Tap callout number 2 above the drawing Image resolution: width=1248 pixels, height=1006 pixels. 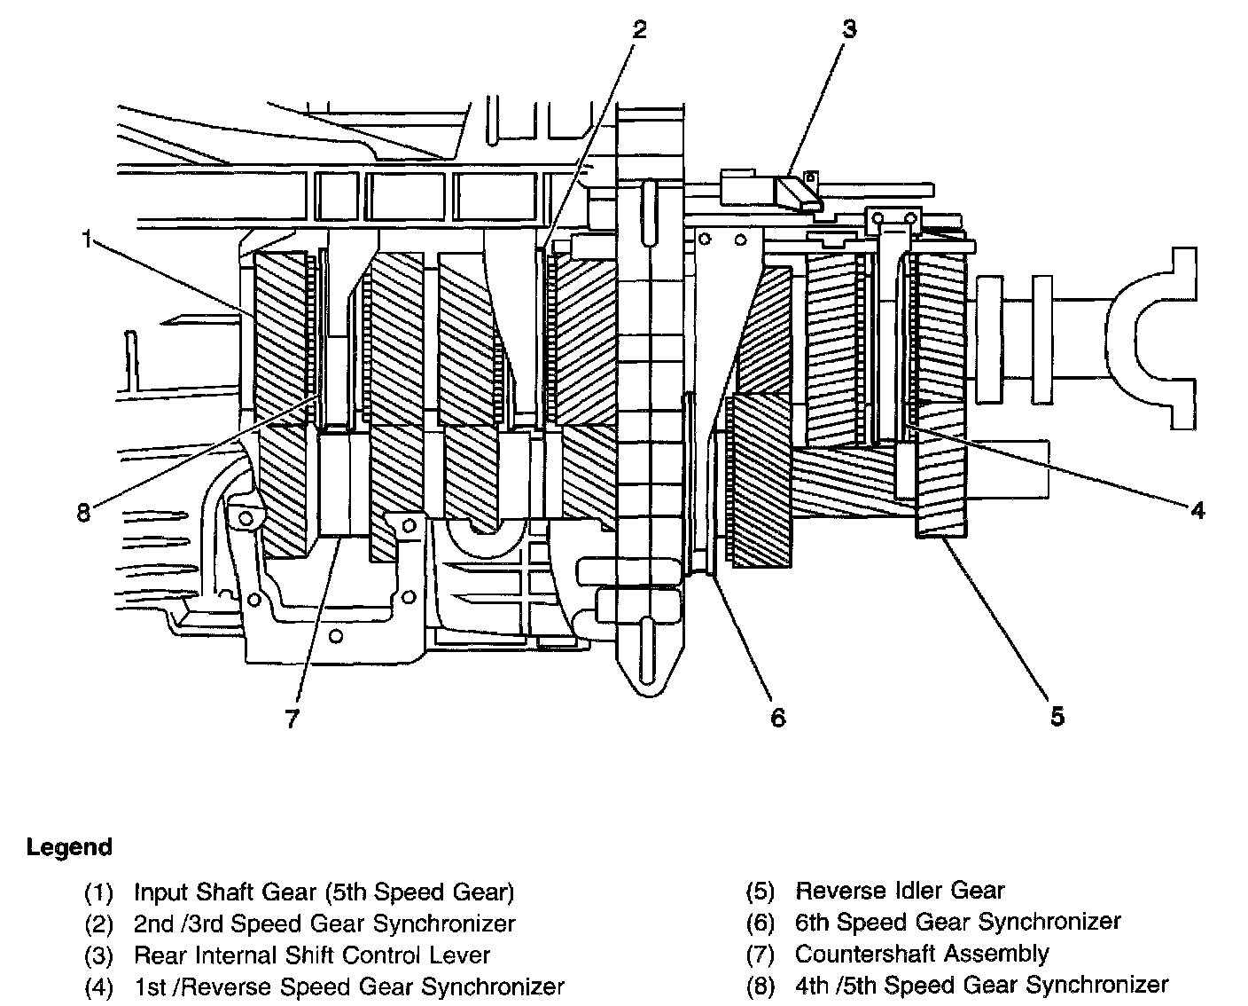(639, 29)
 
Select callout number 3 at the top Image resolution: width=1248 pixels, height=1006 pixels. (849, 29)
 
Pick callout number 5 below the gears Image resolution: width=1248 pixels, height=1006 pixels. (1057, 715)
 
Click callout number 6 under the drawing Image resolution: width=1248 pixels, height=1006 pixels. (777, 717)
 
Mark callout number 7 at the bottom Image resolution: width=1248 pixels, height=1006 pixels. (292, 717)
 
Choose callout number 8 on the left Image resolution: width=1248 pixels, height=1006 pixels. (83, 513)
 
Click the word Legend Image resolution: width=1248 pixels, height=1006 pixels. (69, 846)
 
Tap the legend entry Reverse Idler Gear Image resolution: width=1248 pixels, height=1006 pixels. (900, 891)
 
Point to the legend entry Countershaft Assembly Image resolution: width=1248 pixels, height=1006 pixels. (922, 954)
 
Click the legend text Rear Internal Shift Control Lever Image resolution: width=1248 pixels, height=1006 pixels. (311, 955)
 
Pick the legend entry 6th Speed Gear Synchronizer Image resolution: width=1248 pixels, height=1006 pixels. (957, 923)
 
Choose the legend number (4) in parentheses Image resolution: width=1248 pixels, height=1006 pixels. (99, 986)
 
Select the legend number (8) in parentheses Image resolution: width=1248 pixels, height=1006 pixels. (760, 986)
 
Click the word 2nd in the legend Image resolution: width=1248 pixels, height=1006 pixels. (153, 923)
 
